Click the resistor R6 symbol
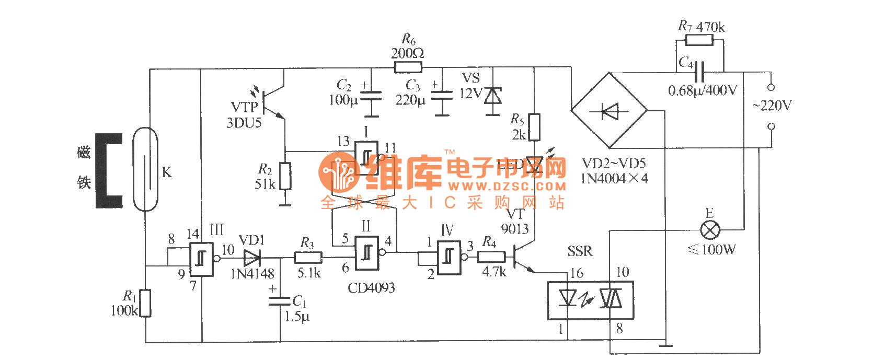[408, 67]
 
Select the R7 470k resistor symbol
[699, 40]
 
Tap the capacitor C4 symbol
[700, 72]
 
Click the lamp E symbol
[710, 229]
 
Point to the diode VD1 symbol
[252, 257]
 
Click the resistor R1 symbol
[145, 303]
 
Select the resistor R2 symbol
[285, 176]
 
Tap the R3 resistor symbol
[308, 257]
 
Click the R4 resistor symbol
[491, 257]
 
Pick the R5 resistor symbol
[534, 127]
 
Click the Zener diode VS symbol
[493, 96]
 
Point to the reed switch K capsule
[145, 169]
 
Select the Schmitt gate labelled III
[201, 259]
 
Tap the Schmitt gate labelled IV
[449, 257]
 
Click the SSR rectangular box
[590, 300]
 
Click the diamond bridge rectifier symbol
[609, 111]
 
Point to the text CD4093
[371, 288]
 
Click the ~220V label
[772, 106]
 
